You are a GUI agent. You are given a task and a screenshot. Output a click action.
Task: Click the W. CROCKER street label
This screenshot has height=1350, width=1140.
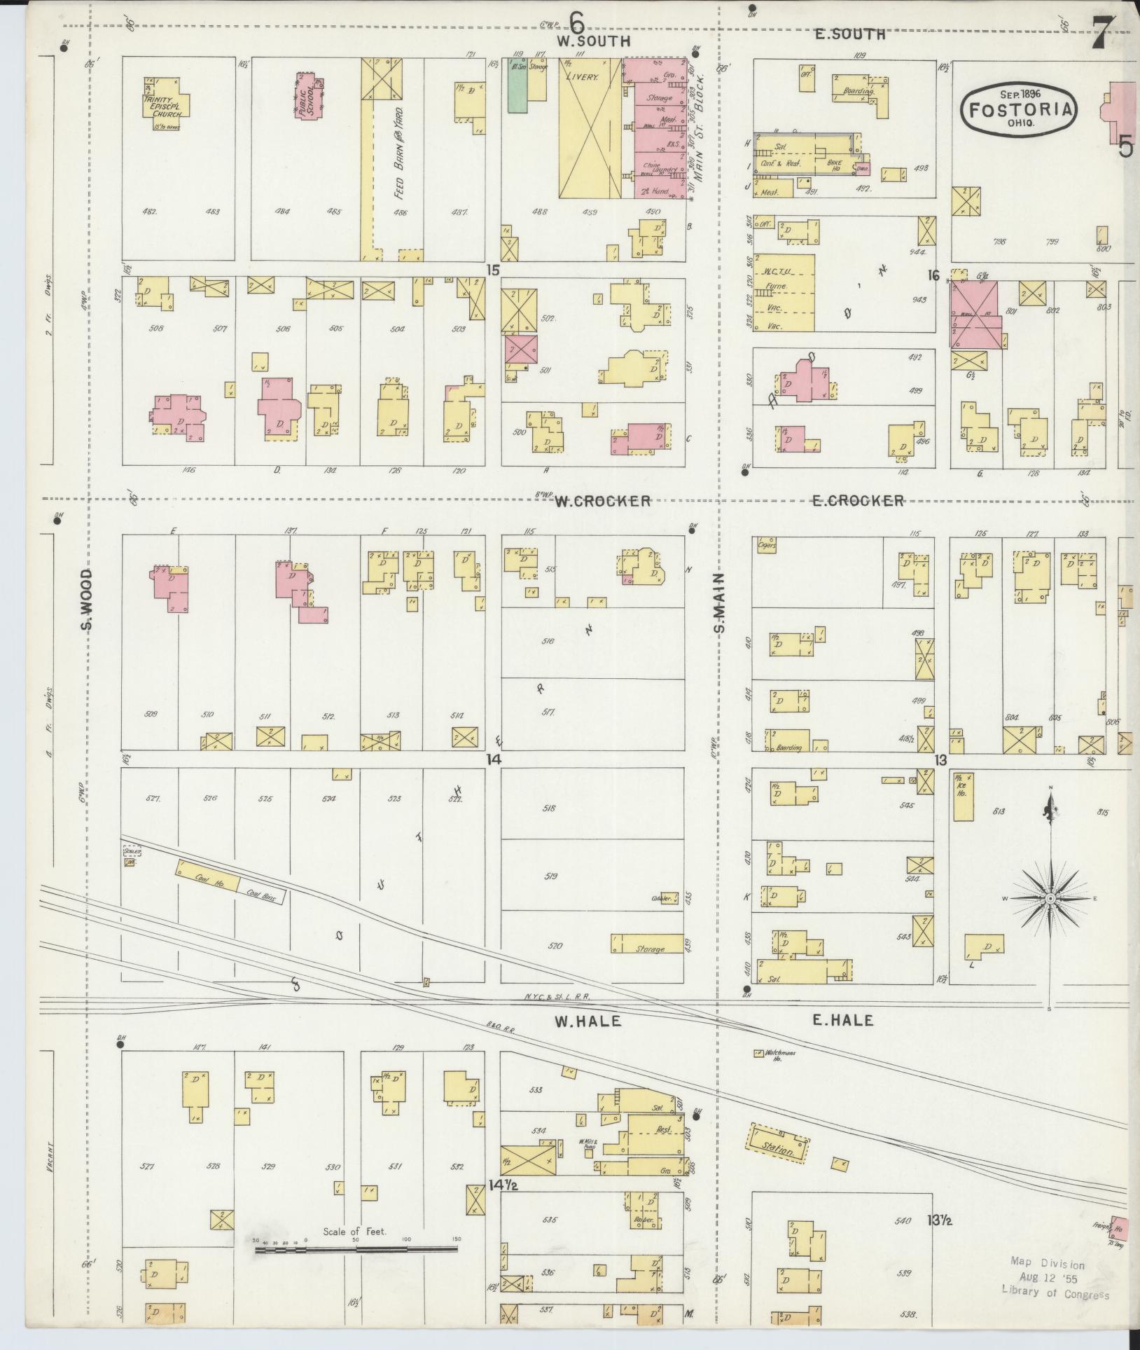pyautogui.click(x=603, y=501)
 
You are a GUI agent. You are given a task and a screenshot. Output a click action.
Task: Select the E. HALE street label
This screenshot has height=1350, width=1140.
pyautogui.click(x=842, y=1021)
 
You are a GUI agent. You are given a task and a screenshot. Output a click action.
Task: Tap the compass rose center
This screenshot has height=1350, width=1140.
pyautogui.click(x=1050, y=898)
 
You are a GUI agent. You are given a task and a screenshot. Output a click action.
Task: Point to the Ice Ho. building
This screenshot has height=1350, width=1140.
pyautogui.click(x=962, y=797)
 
